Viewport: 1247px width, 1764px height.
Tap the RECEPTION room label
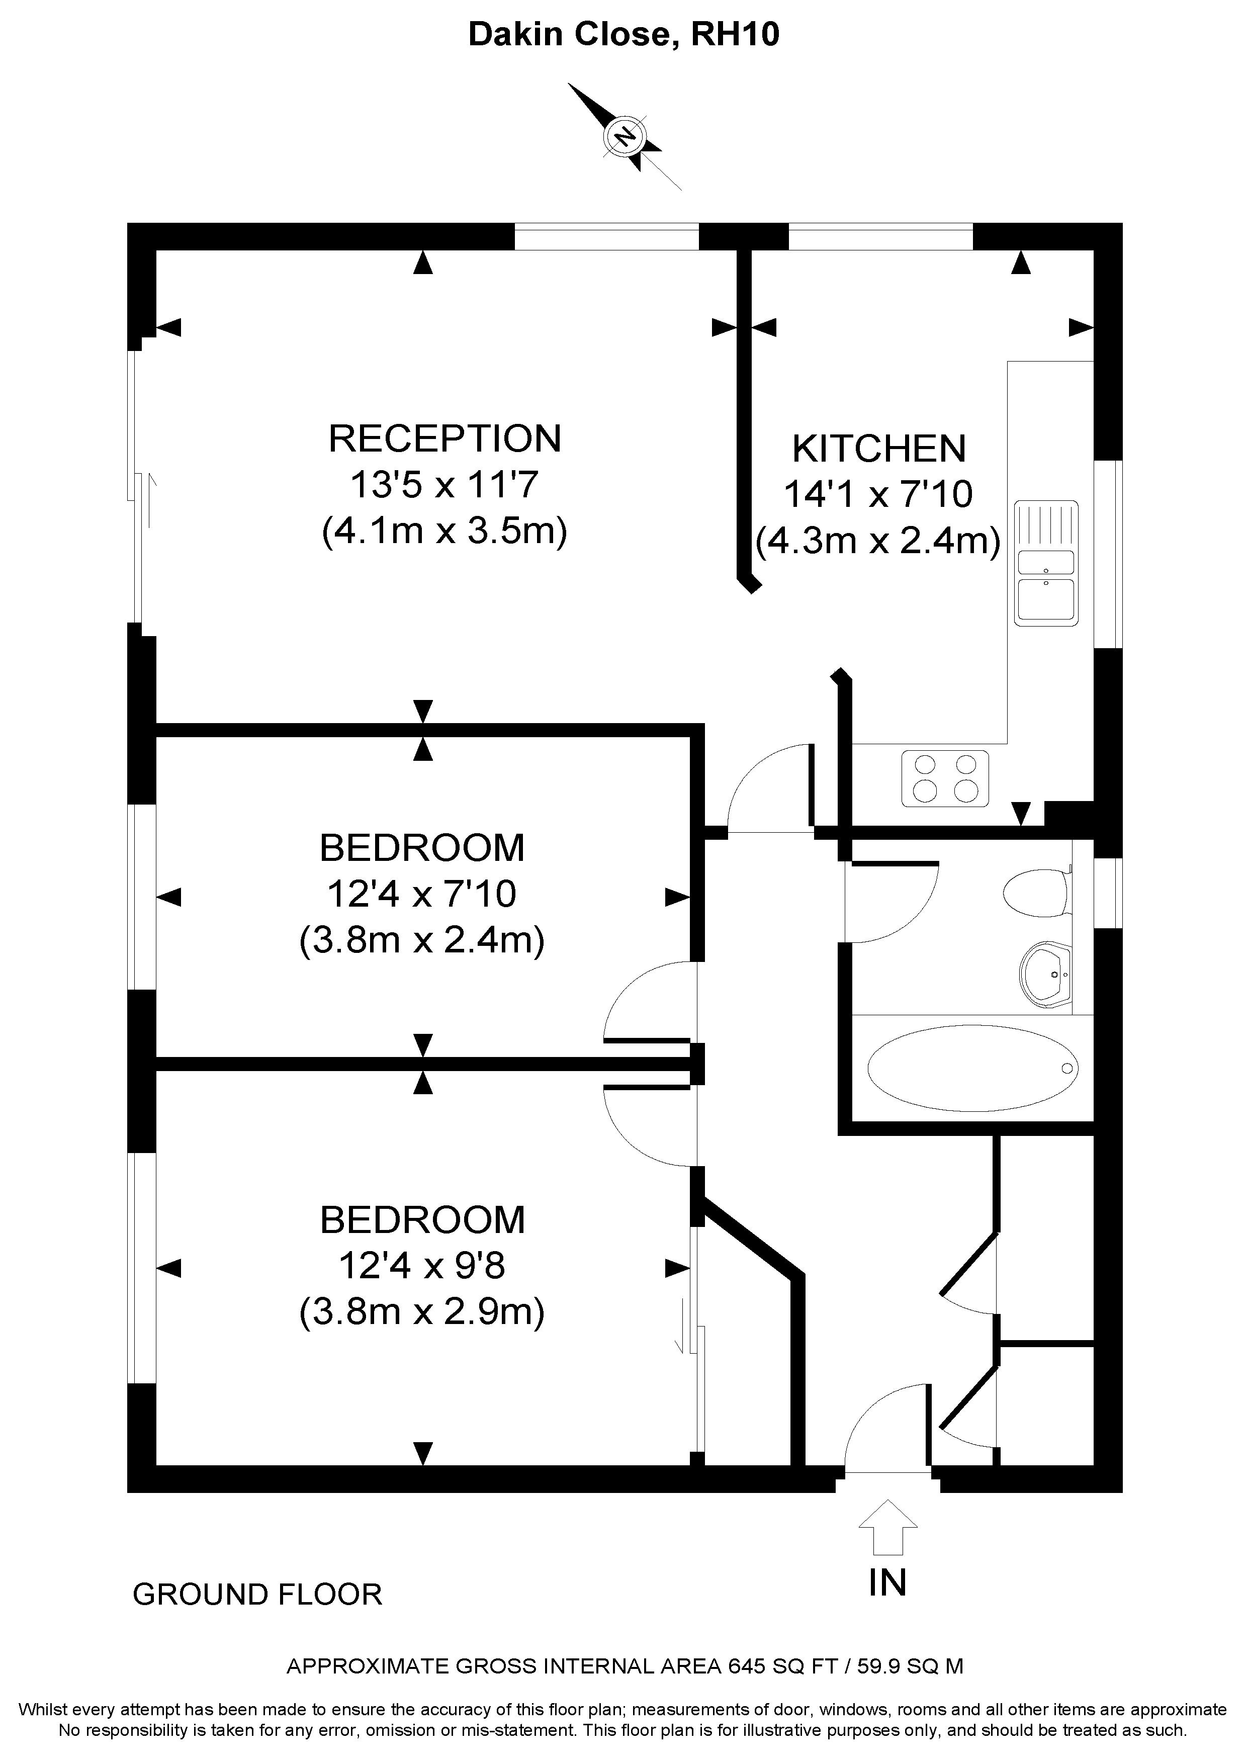pyautogui.click(x=445, y=438)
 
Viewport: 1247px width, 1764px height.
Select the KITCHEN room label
pyautogui.click(x=879, y=449)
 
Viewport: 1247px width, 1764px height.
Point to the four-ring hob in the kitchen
pyautogui.click(x=945, y=778)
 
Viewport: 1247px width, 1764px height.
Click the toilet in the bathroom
pyautogui.click(x=1038, y=893)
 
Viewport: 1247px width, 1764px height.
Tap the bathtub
pyautogui.click(x=972, y=1068)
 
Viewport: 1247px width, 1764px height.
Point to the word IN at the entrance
pyautogui.click(x=887, y=1582)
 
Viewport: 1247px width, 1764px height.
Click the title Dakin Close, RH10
pyautogui.click(x=624, y=35)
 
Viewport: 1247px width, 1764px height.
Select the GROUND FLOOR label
pyautogui.click(x=257, y=1595)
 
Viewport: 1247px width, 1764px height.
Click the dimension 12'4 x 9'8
pyautogui.click(x=422, y=1265)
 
